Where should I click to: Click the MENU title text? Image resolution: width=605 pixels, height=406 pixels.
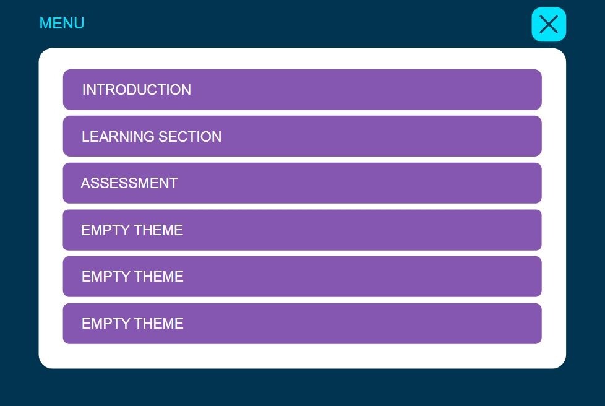click(62, 23)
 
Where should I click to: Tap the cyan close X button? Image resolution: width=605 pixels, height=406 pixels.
click(549, 24)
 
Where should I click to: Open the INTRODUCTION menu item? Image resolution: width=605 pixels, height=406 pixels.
click(302, 90)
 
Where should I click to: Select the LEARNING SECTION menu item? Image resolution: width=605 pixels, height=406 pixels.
click(302, 136)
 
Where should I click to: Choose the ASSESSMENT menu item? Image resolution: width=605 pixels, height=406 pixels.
click(302, 183)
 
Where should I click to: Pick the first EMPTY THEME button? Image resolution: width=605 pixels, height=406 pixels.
click(302, 230)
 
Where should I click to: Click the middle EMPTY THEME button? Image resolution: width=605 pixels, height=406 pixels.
click(302, 277)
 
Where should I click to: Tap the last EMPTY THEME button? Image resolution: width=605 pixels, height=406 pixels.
click(302, 324)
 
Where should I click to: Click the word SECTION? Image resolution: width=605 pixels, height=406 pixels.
click(190, 137)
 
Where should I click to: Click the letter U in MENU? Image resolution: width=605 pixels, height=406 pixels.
click(79, 23)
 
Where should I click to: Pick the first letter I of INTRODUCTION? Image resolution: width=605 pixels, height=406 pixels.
click(84, 90)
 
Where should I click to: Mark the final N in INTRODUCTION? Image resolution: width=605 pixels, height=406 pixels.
click(186, 90)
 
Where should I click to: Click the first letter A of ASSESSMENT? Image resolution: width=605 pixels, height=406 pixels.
click(85, 183)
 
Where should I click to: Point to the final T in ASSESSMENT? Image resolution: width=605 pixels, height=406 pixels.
click(173, 183)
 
